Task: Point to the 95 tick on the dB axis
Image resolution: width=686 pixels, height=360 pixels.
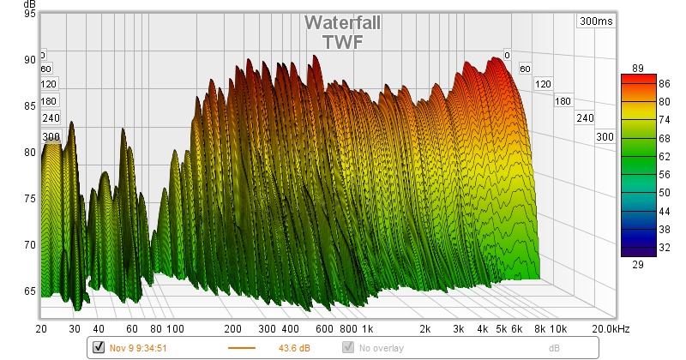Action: pos(29,15)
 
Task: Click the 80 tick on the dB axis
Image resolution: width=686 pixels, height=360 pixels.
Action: pos(29,153)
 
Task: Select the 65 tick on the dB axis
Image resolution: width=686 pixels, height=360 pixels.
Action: pos(29,291)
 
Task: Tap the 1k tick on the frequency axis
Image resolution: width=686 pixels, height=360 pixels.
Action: pos(367,328)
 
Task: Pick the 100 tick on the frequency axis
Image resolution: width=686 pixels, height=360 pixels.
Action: pos(176,328)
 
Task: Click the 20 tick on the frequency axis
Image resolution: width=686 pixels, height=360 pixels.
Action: pos(41,328)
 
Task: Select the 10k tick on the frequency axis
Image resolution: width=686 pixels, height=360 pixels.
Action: pos(558,328)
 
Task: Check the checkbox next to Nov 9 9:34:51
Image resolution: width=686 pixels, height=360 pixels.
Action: pos(98,347)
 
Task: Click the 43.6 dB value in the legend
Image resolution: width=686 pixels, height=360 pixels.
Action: pos(294,347)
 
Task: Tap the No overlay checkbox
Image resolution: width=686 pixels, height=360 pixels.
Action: pos(348,347)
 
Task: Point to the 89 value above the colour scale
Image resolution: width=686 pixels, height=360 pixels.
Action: pos(637,68)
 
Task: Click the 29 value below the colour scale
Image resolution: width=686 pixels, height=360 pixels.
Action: pos(637,266)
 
